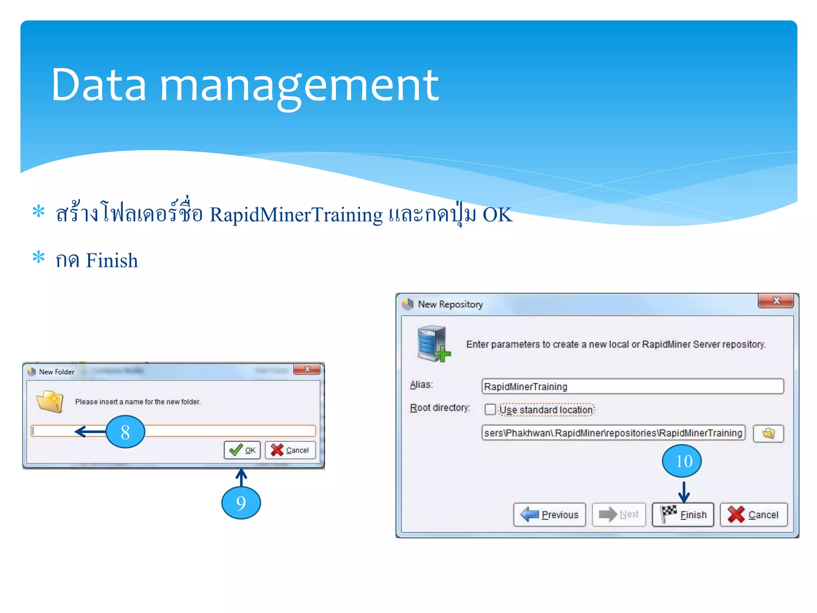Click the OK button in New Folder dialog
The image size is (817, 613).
pyautogui.click(x=242, y=450)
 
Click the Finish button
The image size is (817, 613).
pyautogui.click(x=683, y=515)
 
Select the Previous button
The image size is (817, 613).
pyautogui.click(x=549, y=515)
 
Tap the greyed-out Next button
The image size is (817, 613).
pyautogui.click(x=619, y=515)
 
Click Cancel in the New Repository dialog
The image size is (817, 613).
pyautogui.click(x=754, y=515)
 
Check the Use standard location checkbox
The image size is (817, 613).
pyautogui.click(x=490, y=409)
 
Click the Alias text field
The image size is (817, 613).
pyautogui.click(x=632, y=386)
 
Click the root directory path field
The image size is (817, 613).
pyautogui.click(x=613, y=433)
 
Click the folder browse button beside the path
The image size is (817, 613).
pyautogui.click(x=768, y=433)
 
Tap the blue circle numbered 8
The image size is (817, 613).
pyautogui.click(x=125, y=432)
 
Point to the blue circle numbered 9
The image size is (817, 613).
pyautogui.click(x=241, y=502)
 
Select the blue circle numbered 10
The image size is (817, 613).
pyautogui.click(x=682, y=461)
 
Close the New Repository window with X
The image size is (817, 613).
pyautogui.click(x=776, y=301)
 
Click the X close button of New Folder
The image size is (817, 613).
pyautogui.click(x=307, y=369)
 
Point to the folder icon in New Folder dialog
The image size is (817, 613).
pyautogui.click(x=50, y=401)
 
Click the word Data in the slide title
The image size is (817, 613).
pyautogui.click(x=99, y=85)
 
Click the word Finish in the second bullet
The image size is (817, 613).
pyautogui.click(x=112, y=261)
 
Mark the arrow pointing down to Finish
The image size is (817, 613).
pyautogui.click(x=684, y=492)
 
